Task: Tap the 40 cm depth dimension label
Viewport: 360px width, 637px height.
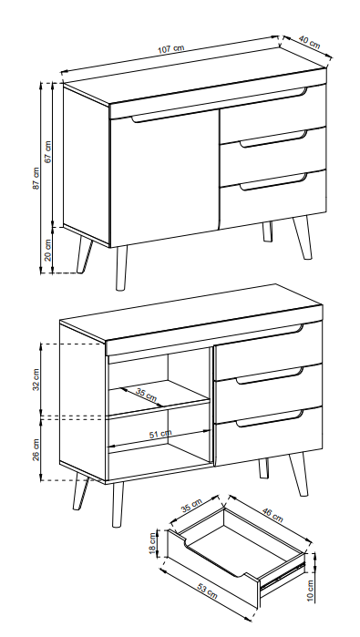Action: (x=309, y=44)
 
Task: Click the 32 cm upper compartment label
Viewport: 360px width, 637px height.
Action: (x=36, y=378)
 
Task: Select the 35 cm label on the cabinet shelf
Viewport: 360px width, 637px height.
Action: (x=146, y=395)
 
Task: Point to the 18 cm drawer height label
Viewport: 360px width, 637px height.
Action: (x=153, y=544)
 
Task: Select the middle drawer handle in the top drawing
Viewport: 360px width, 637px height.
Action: (x=273, y=139)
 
